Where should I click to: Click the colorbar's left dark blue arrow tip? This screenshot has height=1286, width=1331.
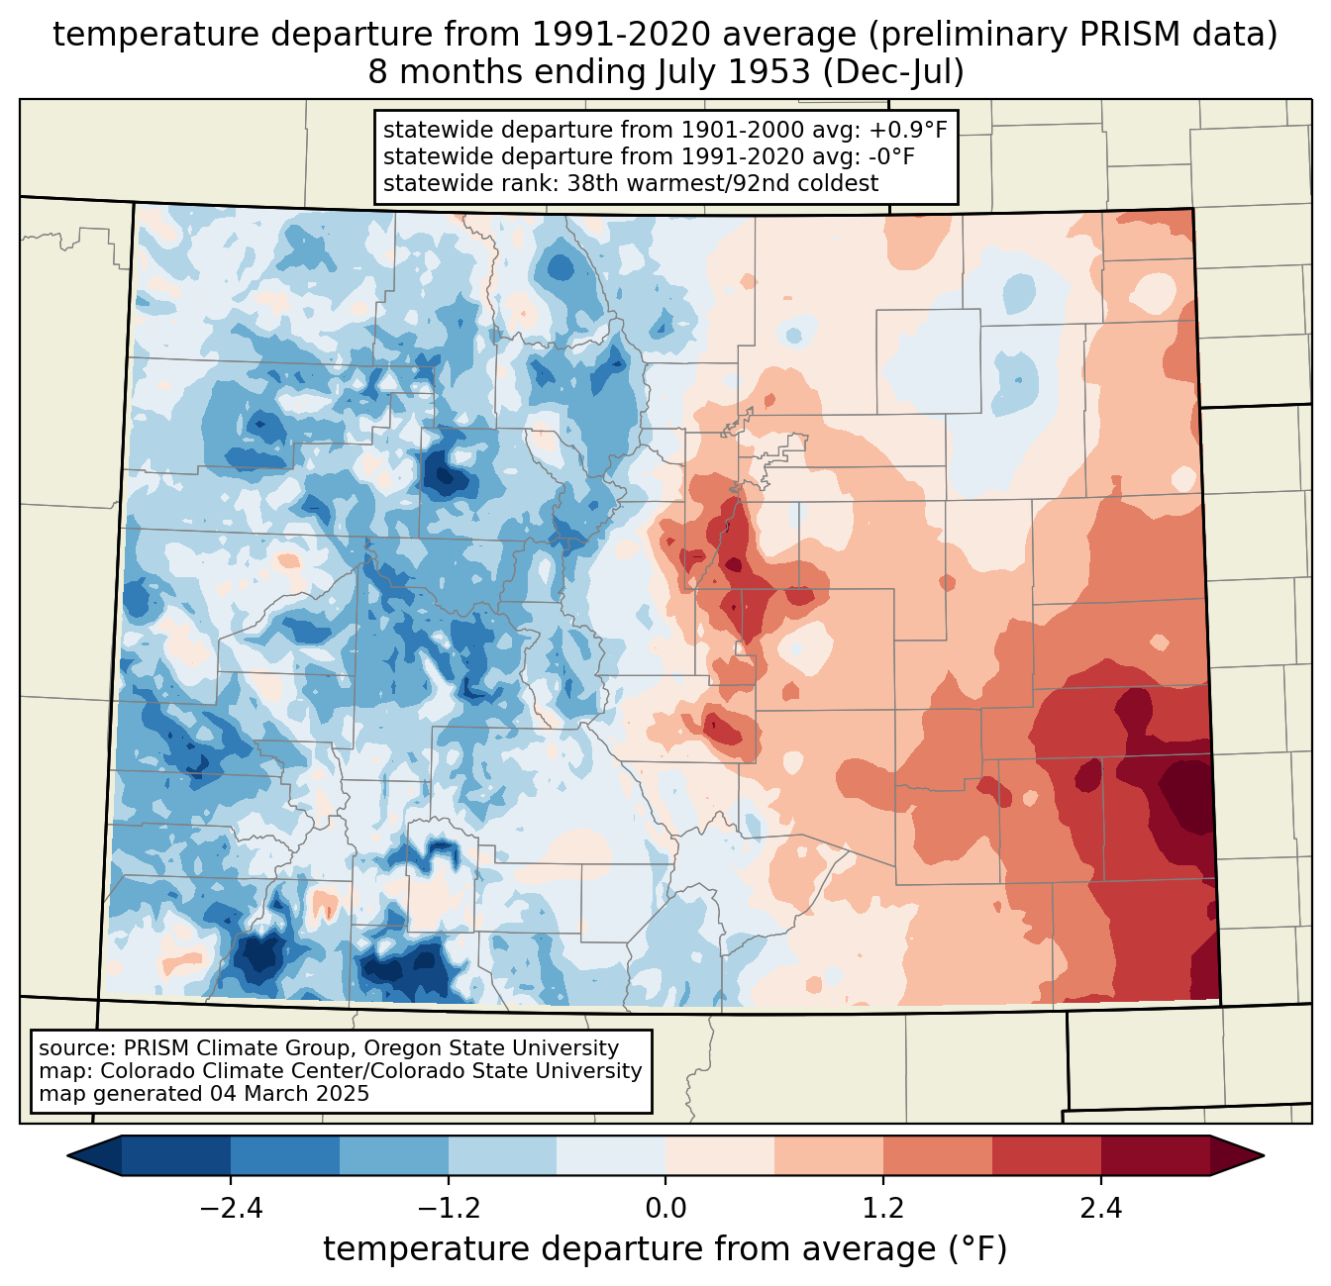pos(68,1156)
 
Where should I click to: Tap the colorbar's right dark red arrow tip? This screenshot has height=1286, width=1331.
pos(1263,1156)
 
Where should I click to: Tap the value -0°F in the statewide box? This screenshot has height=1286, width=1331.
pos(888,156)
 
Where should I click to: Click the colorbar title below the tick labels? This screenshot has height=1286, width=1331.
pos(665,1249)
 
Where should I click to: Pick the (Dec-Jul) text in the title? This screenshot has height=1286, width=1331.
pos(893,72)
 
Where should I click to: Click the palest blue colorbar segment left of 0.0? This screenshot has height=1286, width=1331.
pos(611,1156)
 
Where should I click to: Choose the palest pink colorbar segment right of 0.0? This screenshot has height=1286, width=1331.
pos(720,1156)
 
